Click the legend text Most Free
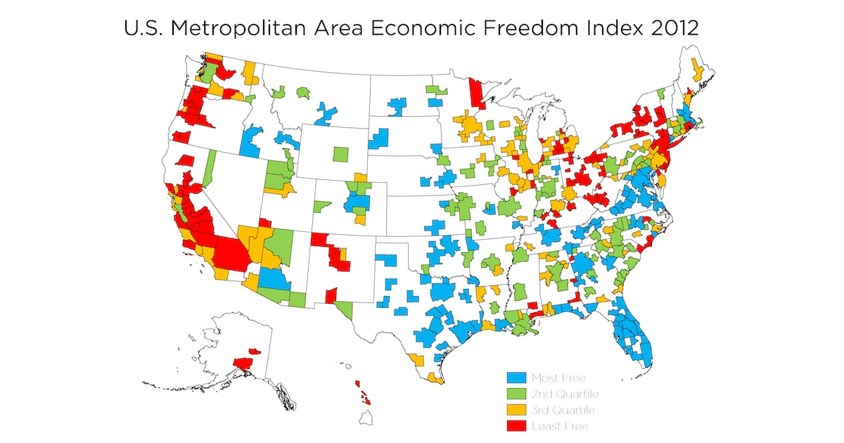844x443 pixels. click(x=558, y=378)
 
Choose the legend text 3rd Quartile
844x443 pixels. click(x=565, y=410)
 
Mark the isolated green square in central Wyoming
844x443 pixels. click(x=341, y=153)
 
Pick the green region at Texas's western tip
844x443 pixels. click(x=344, y=307)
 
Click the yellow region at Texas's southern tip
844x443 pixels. click(x=435, y=379)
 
